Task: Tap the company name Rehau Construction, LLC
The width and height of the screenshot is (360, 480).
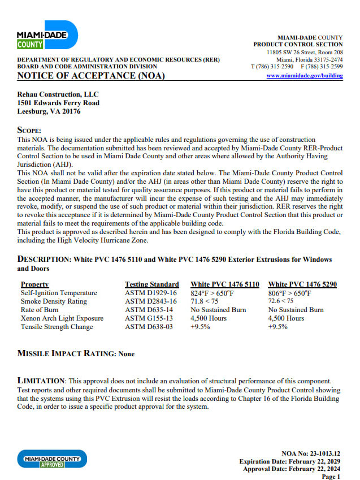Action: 58,94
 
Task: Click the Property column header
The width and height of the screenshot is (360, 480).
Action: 34,284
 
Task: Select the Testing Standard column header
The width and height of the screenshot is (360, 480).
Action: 151,284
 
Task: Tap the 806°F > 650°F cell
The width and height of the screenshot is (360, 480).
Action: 289,293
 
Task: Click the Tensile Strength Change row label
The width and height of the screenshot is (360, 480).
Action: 57,327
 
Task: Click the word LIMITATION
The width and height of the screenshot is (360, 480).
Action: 42,380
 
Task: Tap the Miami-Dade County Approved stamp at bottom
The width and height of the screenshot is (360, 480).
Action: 52,459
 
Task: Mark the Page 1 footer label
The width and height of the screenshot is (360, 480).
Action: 331,477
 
